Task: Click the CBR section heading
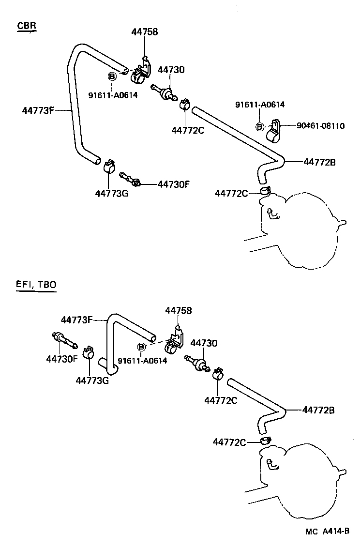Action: click(x=27, y=26)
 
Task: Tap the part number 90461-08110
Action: click(x=320, y=126)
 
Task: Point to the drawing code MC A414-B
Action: click(x=328, y=531)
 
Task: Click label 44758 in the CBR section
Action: click(x=144, y=32)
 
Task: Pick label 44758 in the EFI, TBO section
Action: click(x=178, y=310)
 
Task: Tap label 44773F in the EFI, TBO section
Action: click(x=77, y=320)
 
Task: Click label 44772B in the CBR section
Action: click(x=319, y=162)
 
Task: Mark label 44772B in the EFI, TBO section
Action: click(x=318, y=410)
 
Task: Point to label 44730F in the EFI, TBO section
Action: click(x=62, y=359)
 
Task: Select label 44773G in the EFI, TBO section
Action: click(x=92, y=380)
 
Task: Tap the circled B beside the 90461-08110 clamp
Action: click(x=260, y=127)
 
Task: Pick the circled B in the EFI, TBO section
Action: click(x=141, y=347)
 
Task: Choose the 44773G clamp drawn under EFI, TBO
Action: click(x=89, y=354)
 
